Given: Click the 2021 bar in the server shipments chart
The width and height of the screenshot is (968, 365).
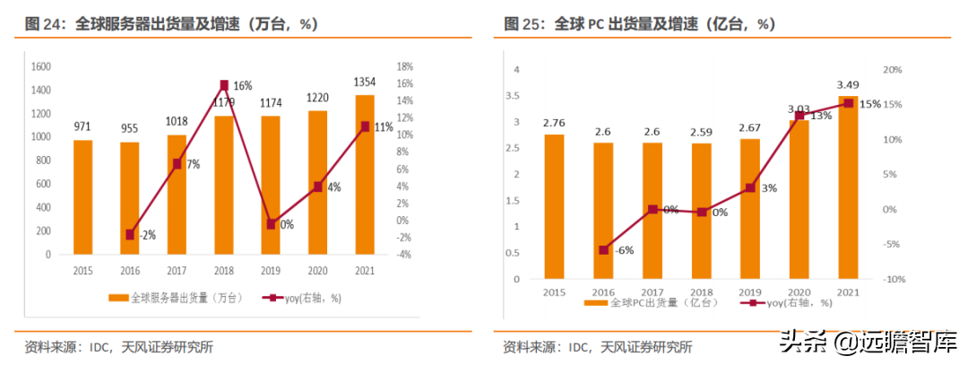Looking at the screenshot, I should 365,175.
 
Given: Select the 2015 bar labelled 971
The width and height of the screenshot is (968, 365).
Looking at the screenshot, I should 82,197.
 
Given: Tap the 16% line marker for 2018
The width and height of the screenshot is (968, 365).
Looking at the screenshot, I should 224,85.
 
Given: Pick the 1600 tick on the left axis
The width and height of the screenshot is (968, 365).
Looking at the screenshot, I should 40,67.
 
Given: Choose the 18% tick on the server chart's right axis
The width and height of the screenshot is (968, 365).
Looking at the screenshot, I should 404,67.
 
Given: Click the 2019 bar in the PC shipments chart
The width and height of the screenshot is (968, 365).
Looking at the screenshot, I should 749,209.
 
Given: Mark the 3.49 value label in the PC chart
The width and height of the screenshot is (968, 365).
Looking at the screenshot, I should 848,85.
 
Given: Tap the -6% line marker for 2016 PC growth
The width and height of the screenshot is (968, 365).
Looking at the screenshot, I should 603,249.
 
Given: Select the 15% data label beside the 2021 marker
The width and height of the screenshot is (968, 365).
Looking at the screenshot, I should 869,104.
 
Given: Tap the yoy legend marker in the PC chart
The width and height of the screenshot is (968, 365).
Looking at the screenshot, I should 752,303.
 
